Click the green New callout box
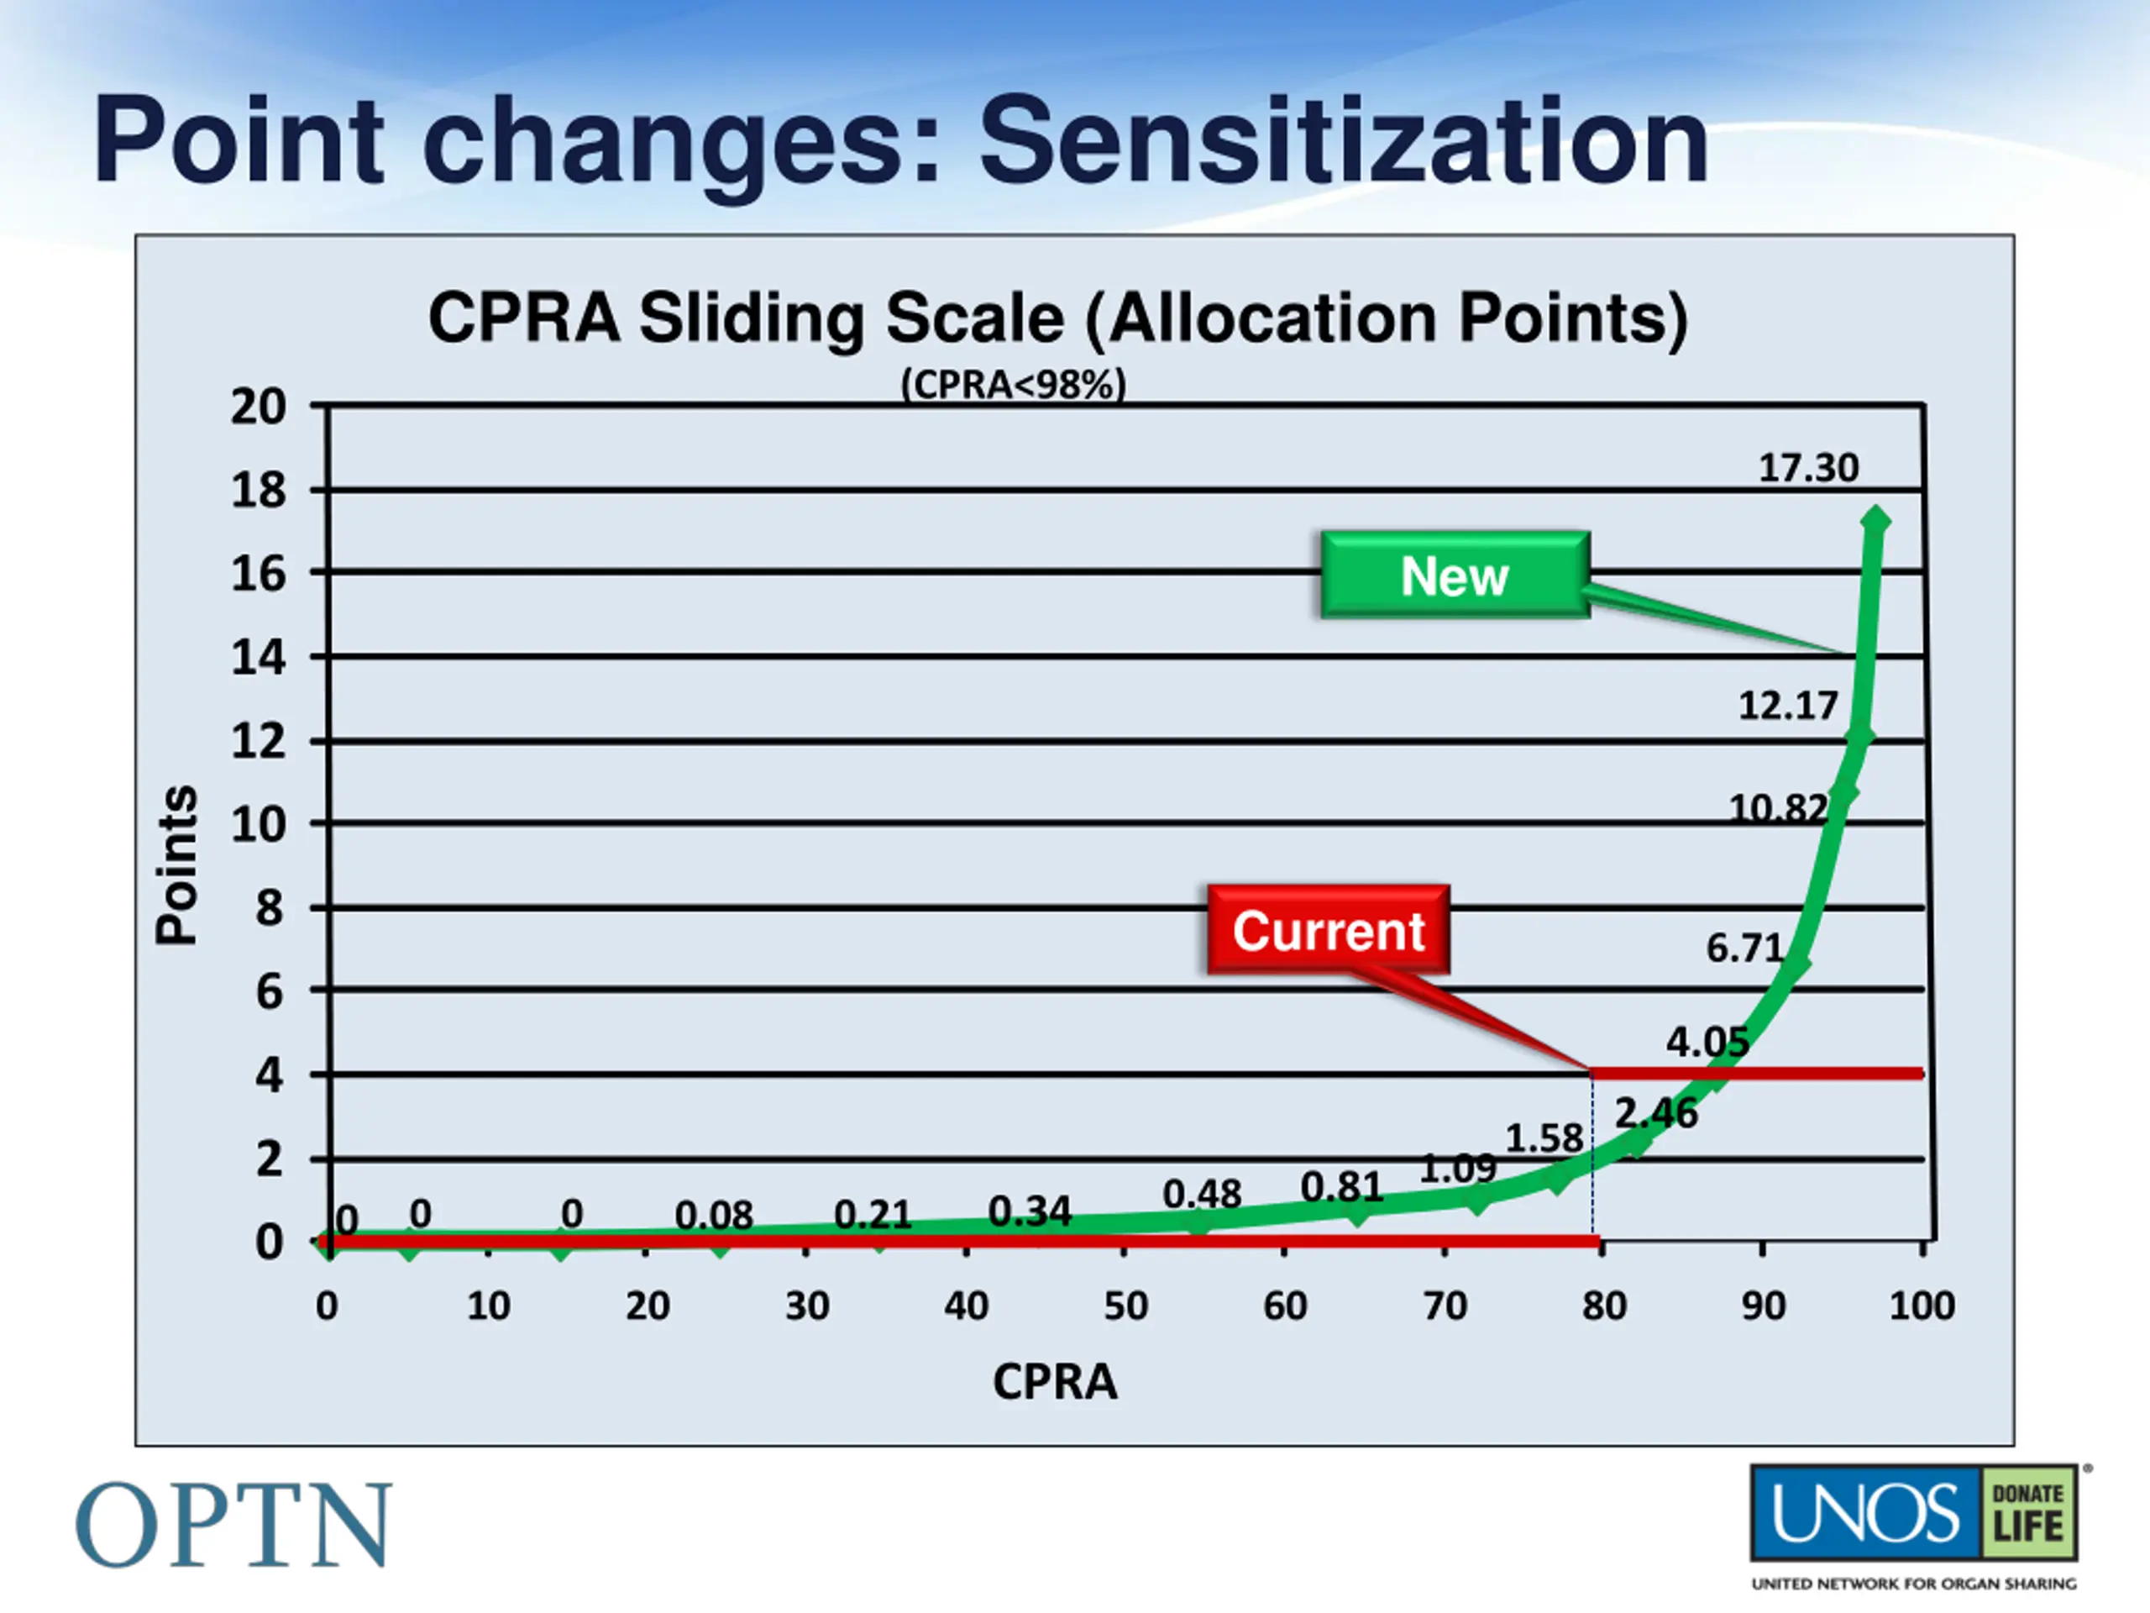[x=1455, y=575]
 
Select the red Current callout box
[x=1329, y=931]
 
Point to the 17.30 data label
[x=1808, y=469]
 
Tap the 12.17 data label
[x=1787, y=706]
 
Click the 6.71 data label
[x=1744, y=948]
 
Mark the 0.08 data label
[x=713, y=1216]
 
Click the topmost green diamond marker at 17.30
[x=1875, y=521]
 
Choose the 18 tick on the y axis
[x=259, y=491]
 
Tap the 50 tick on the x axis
[x=1125, y=1306]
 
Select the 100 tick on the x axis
[x=1922, y=1306]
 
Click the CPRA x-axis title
[x=1055, y=1382]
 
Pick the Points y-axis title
[x=177, y=864]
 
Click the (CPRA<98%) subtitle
[x=1013, y=385]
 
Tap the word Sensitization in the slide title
[x=1343, y=141]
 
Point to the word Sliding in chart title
[x=753, y=319]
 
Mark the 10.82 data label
[x=1778, y=809]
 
